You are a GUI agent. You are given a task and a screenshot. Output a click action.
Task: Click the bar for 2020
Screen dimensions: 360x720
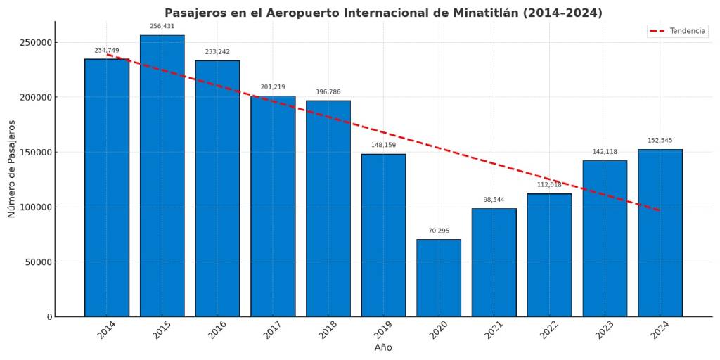coord(439,278)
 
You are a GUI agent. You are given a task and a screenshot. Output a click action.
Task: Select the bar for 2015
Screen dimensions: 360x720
coord(162,176)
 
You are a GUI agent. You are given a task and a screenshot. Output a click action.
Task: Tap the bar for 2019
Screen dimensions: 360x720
coord(383,235)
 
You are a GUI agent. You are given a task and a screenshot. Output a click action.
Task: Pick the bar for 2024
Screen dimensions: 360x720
coord(660,233)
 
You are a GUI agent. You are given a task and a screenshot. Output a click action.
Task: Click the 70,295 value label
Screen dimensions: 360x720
coord(439,231)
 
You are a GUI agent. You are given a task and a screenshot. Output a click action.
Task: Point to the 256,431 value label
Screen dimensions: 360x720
coord(162,27)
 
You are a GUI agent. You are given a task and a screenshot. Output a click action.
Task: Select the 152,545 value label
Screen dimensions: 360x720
coord(660,141)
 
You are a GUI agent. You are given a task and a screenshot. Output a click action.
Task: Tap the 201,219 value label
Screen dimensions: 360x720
coord(273,87)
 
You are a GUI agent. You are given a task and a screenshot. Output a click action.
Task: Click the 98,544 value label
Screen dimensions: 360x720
coord(494,200)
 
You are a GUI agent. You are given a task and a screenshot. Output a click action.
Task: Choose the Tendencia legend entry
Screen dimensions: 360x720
coord(678,31)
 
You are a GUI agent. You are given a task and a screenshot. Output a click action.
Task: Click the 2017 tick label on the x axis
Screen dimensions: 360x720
coord(273,330)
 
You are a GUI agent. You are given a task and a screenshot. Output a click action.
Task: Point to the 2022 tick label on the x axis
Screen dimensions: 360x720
coord(549,330)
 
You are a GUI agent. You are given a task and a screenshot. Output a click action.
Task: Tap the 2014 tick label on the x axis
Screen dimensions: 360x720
coord(107,330)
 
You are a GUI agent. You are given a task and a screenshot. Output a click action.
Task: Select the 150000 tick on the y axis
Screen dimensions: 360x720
coord(35,153)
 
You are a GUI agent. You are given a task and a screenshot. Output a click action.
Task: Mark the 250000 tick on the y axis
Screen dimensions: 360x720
coord(35,42)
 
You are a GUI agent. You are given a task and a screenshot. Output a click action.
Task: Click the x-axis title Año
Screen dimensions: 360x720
coord(383,348)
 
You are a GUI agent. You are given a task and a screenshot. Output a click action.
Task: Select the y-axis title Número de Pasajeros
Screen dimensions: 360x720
coord(12,169)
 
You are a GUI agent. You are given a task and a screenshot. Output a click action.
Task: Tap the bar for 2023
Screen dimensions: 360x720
coord(605,238)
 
